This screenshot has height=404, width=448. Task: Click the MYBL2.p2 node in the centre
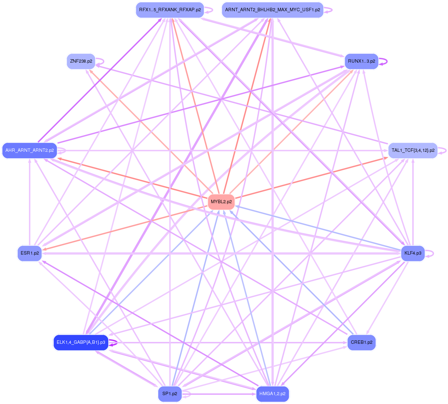tap(221, 202)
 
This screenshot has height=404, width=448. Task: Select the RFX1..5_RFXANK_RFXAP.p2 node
tap(170, 10)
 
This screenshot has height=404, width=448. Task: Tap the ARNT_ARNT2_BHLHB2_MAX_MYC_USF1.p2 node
tap(272, 10)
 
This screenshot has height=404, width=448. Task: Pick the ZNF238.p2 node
tap(81, 61)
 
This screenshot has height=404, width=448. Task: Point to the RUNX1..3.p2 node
tap(361, 61)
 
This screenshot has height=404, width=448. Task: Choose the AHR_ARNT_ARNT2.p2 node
tap(30, 150)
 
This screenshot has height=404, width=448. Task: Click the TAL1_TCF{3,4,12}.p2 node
tap(413, 150)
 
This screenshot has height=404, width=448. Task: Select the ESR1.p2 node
tap(30, 253)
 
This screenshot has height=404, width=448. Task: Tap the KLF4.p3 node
tap(413, 253)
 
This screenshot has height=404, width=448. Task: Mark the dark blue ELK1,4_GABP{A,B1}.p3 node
tap(81, 342)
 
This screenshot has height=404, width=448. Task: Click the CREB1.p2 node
tap(361, 342)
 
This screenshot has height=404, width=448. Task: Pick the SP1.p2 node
tap(170, 394)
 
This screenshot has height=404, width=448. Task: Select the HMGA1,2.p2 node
tap(272, 394)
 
